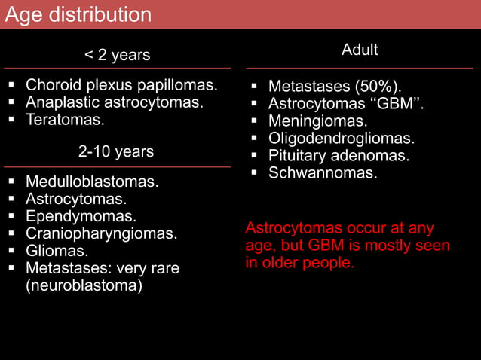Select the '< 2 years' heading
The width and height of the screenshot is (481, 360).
(x=117, y=55)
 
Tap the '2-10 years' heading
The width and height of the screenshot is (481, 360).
(x=116, y=151)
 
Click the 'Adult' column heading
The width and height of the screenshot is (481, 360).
(x=360, y=50)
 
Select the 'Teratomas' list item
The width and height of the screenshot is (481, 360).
(x=66, y=120)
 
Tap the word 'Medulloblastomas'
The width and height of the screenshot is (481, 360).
(x=92, y=182)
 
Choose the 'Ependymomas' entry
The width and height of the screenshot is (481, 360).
(x=81, y=216)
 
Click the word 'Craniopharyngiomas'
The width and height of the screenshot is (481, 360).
(x=102, y=233)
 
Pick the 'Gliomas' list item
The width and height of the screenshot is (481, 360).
(x=57, y=251)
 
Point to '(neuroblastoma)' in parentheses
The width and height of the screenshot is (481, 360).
(x=84, y=285)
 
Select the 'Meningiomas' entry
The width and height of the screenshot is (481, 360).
(x=318, y=121)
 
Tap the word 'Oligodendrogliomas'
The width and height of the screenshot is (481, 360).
(x=352, y=139)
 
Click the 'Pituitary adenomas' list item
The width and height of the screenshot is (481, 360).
(x=339, y=156)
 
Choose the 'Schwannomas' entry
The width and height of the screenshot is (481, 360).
(x=323, y=173)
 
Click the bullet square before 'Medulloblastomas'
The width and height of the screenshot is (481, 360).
(x=12, y=182)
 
